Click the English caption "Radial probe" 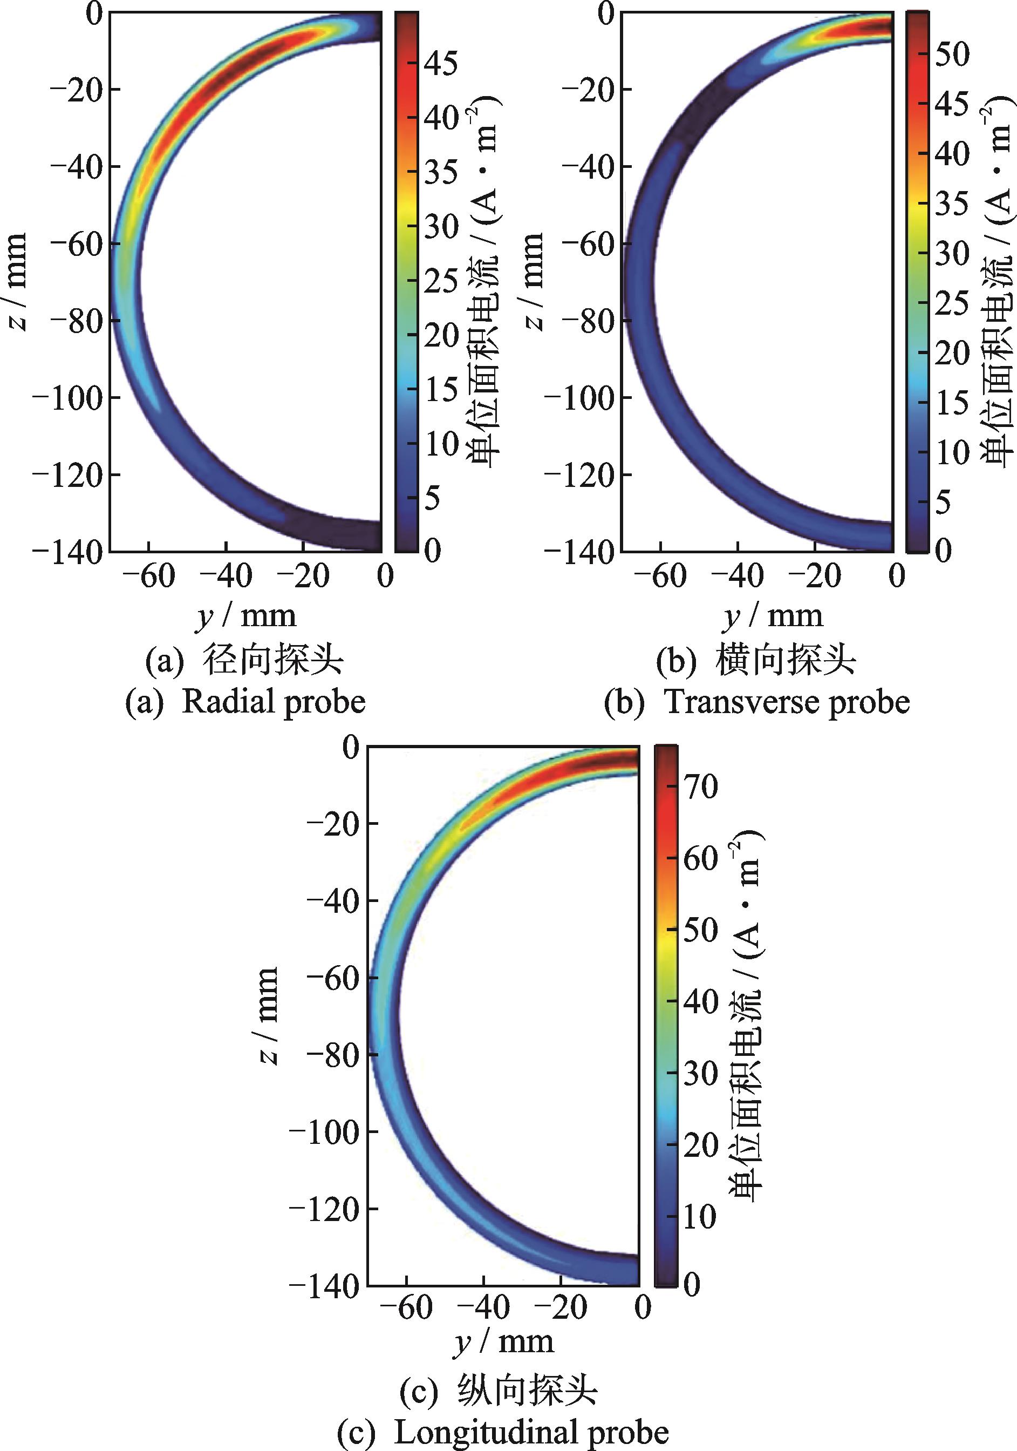pyautogui.click(x=274, y=702)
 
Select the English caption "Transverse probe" pyautogui.click(x=787, y=702)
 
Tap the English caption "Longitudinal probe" pyautogui.click(x=531, y=1433)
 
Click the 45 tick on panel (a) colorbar pyautogui.click(x=441, y=63)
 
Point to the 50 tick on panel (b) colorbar pyautogui.click(x=952, y=54)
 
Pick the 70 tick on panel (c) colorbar pyautogui.click(x=700, y=787)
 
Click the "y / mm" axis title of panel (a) pyautogui.click(x=245, y=615)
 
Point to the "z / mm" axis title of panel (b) pyautogui.click(x=534, y=281)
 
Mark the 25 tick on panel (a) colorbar pyautogui.click(x=441, y=280)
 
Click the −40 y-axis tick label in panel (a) pyautogui.click(x=226, y=576)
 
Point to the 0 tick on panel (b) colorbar pyautogui.click(x=943, y=551)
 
